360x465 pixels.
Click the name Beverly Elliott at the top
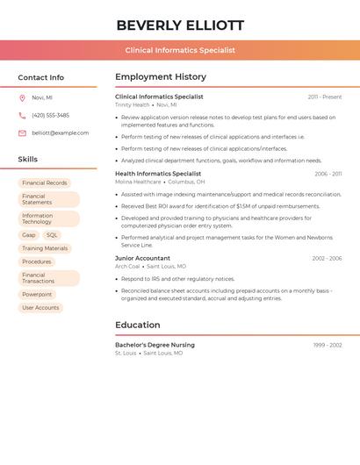click(180, 25)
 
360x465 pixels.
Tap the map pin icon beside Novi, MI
click(22, 97)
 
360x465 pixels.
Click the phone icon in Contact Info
click(22, 115)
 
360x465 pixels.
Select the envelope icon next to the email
click(22, 133)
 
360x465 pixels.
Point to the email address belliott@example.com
click(60, 133)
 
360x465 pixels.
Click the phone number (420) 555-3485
click(50, 115)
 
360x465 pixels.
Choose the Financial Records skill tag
click(45, 183)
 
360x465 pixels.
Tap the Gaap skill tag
click(29, 235)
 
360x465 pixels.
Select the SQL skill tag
click(52, 235)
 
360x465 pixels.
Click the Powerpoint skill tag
click(37, 295)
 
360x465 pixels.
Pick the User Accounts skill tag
click(40, 308)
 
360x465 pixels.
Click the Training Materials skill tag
click(45, 248)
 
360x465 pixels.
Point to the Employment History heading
click(161, 77)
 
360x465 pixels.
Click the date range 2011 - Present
click(325, 97)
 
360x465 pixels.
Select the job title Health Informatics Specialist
click(158, 174)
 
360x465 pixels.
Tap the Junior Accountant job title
click(142, 259)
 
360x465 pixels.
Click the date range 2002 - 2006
click(327, 259)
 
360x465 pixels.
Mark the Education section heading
click(138, 325)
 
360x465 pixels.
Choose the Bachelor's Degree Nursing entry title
click(155, 345)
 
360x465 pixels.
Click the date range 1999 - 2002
click(328, 345)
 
